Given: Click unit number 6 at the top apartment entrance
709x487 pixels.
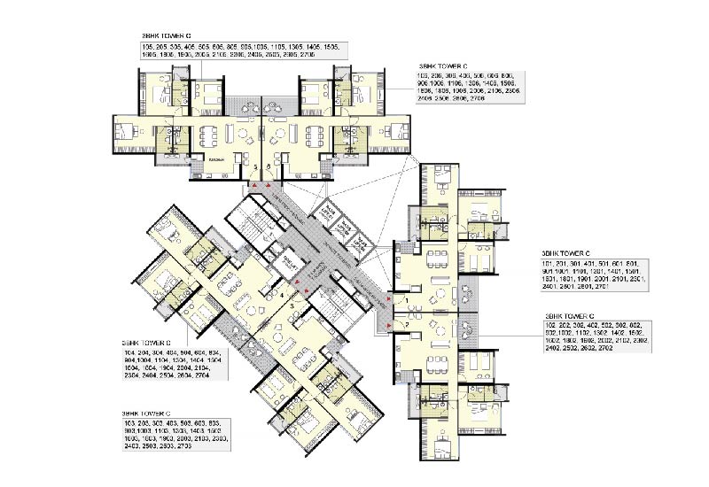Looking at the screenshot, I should (x=267, y=166).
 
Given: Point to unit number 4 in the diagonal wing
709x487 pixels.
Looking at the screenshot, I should (x=282, y=291).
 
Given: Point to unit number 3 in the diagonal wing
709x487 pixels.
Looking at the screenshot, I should (x=291, y=305).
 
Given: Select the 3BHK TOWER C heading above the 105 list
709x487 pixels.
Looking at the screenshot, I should (x=168, y=35).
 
